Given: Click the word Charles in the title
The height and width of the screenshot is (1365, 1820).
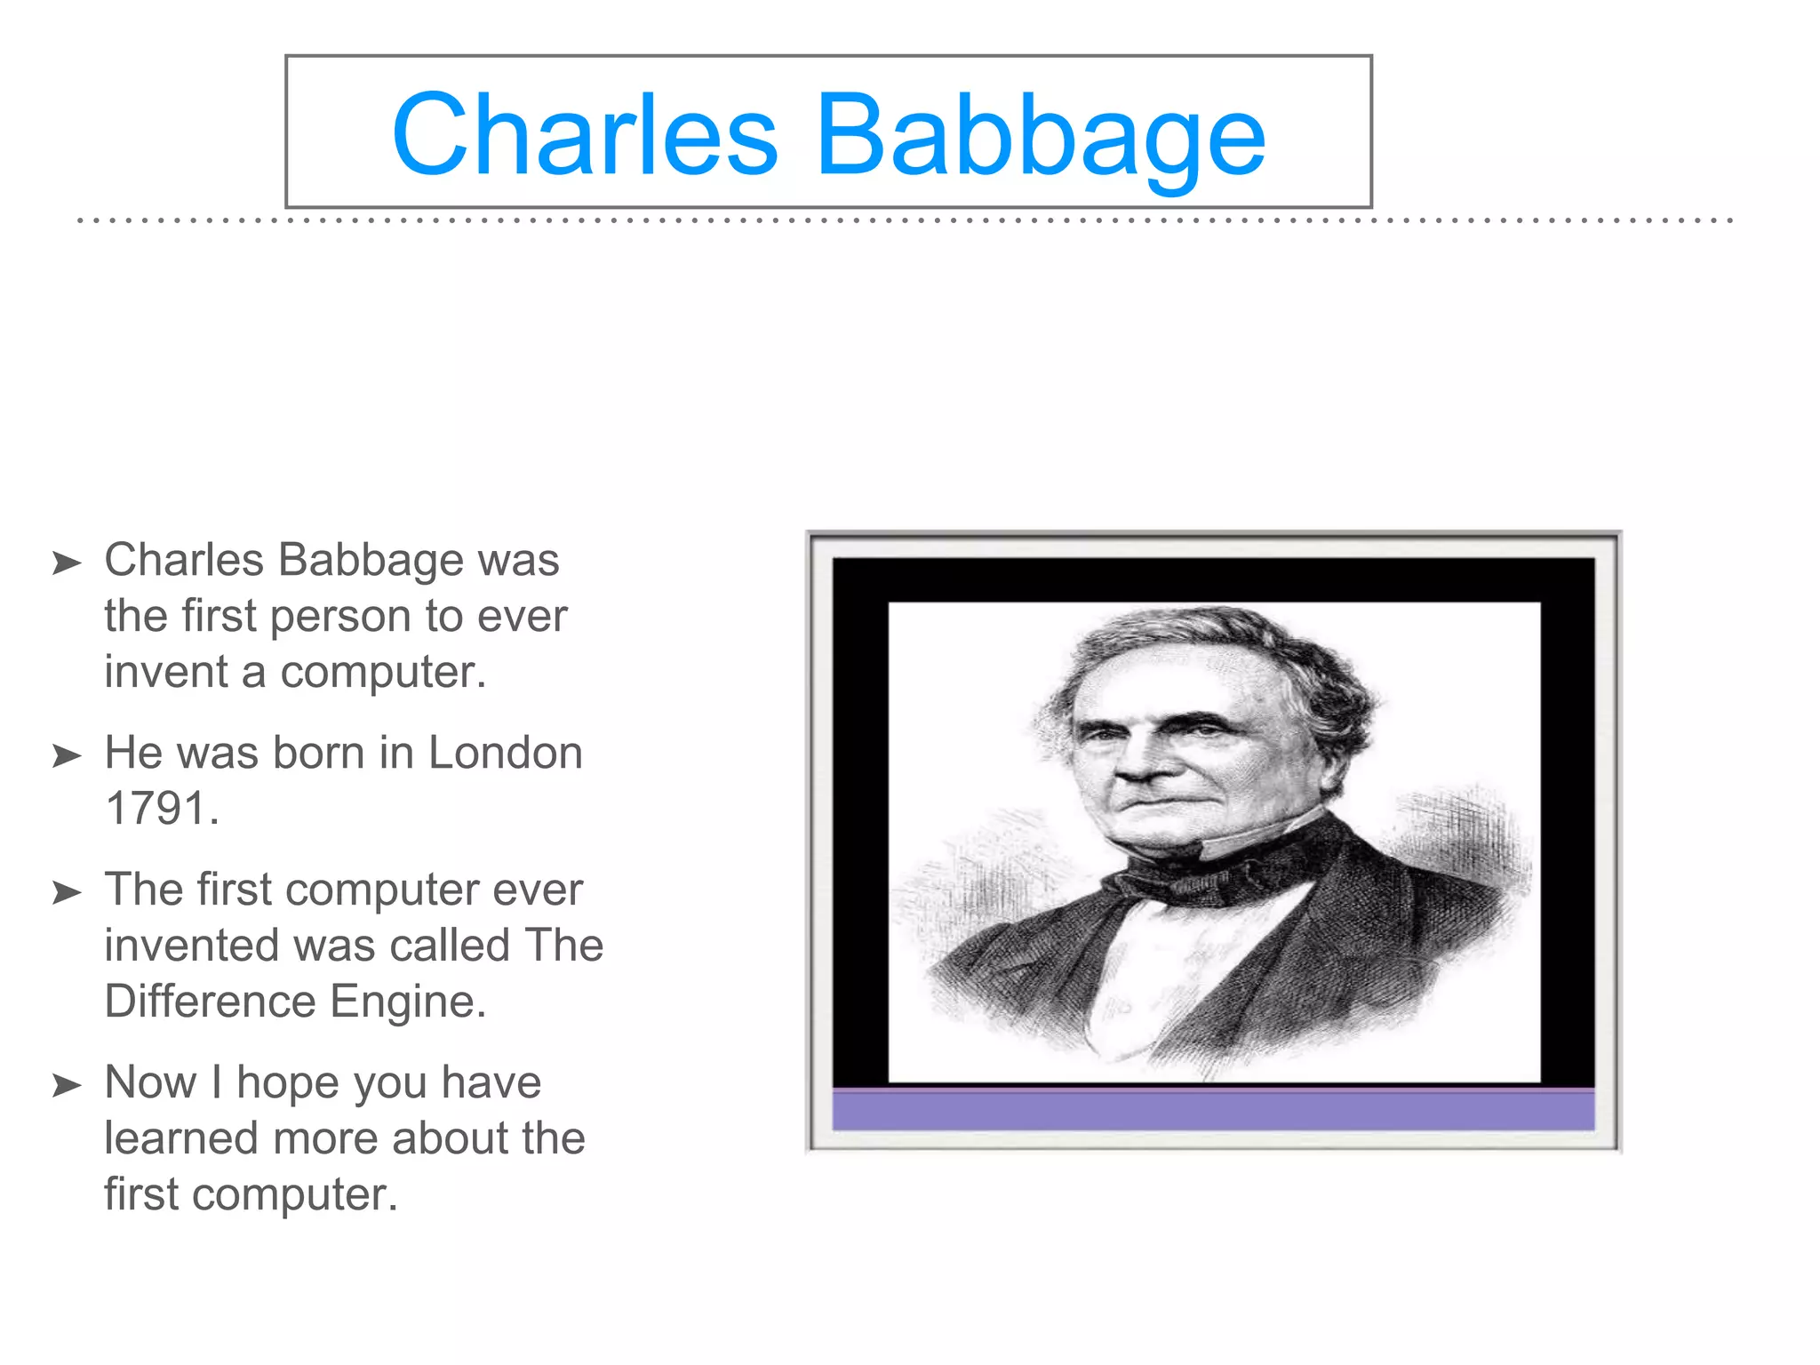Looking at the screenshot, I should (585, 135).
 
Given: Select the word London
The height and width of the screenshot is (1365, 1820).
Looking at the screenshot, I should (505, 753).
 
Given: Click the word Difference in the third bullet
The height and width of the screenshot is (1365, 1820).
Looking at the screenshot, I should (210, 1002).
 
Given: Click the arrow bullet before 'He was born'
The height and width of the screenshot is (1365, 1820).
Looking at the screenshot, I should (67, 756).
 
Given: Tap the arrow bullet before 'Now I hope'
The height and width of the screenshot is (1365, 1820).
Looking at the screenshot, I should (67, 1085).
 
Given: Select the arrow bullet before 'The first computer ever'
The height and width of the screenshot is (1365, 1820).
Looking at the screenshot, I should (67, 892).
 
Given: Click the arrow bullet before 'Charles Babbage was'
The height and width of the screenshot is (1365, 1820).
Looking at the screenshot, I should (67, 563).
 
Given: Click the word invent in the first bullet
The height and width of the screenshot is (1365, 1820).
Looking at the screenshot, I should (165, 672).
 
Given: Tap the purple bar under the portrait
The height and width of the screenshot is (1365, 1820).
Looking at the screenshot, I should (1213, 1111).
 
